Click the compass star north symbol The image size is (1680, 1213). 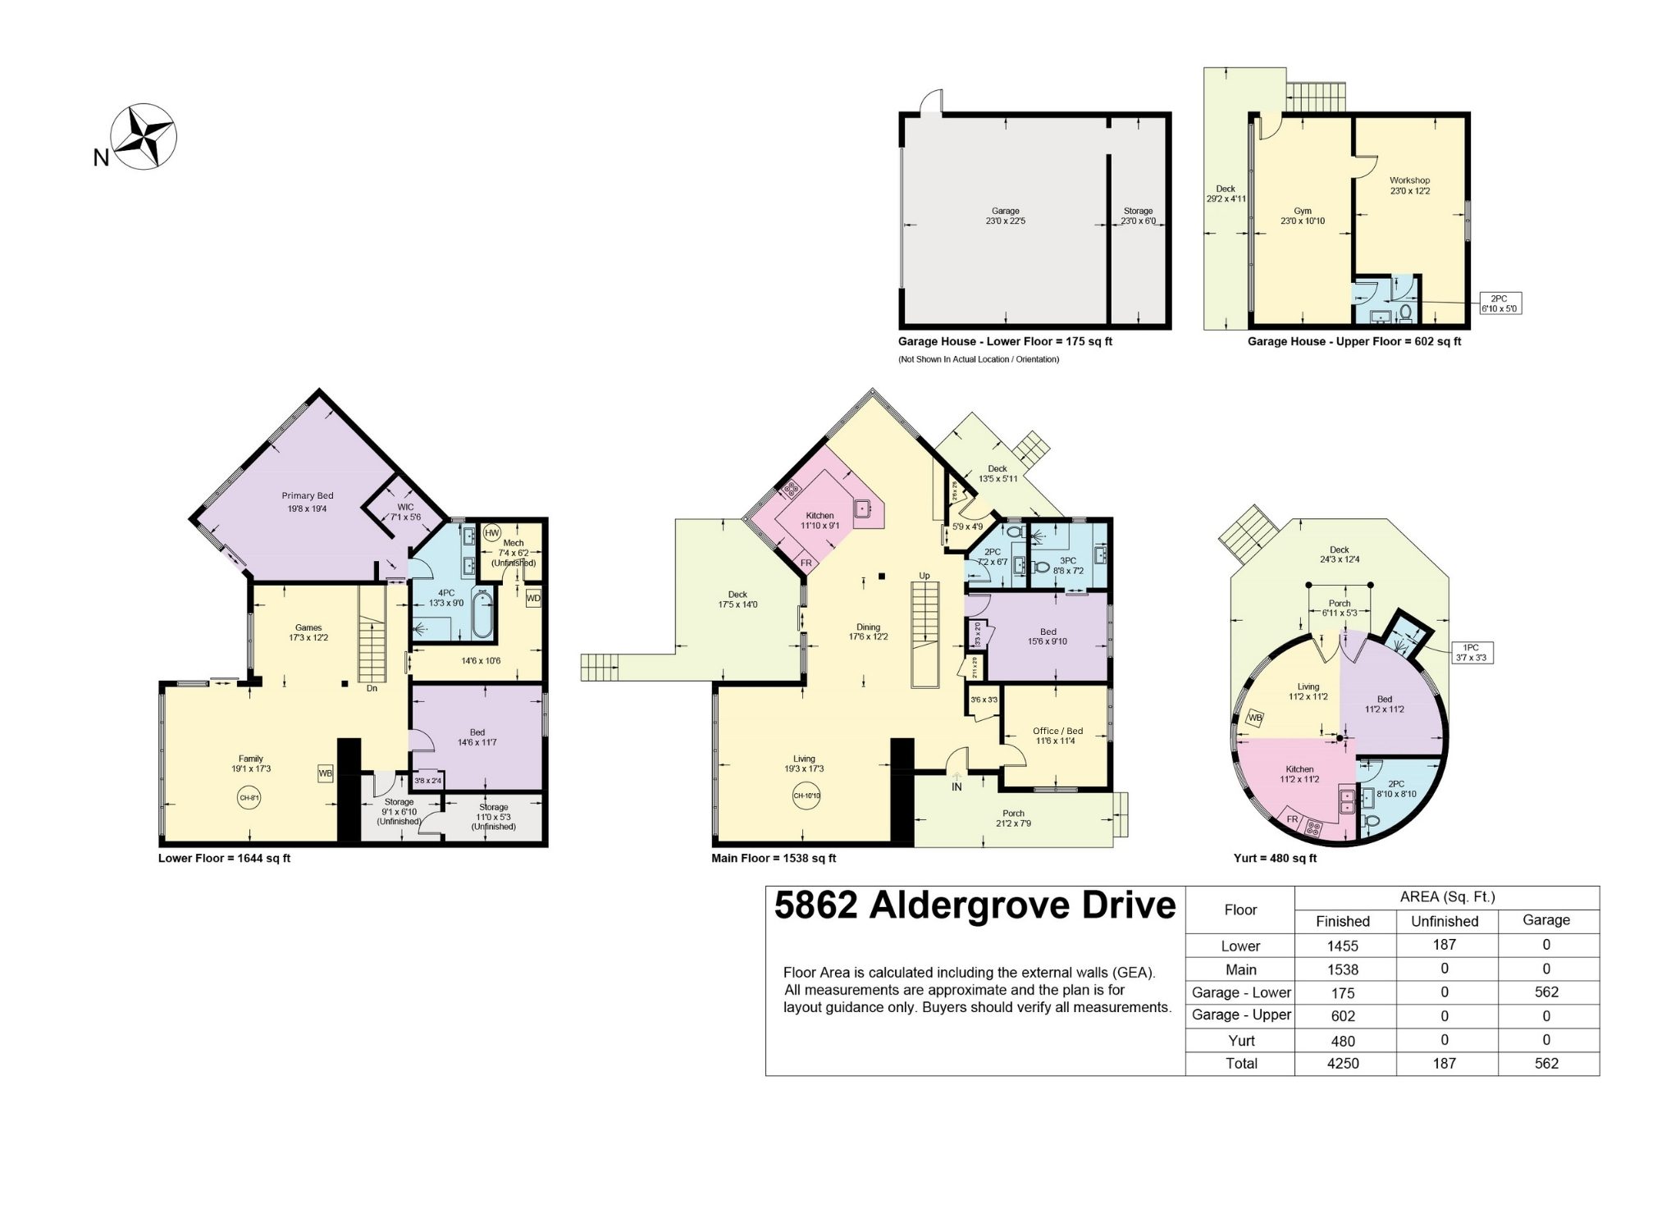click(145, 136)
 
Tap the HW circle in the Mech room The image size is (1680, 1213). click(491, 533)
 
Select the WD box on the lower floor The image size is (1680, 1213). click(533, 598)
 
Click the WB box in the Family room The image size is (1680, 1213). click(326, 773)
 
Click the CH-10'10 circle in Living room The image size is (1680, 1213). click(806, 796)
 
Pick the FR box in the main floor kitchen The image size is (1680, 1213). click(806, 563)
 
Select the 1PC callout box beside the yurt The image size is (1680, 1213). click(1472, 652)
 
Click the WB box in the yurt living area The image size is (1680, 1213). click(1254, 718)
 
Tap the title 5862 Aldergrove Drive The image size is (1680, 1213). click(975, 906)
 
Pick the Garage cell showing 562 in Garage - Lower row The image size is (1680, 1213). click(1546, 992)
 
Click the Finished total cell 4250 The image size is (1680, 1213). click(1343, 1063)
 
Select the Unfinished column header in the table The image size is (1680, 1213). click(1445, 921)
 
